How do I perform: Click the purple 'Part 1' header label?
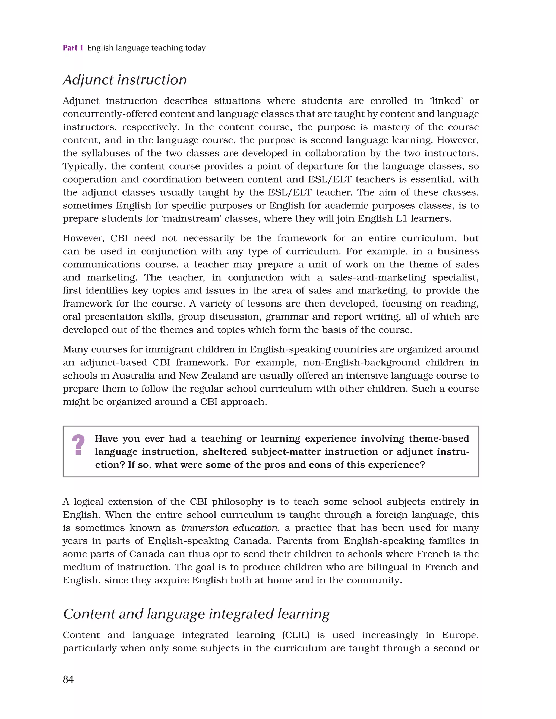[x=73, y=48]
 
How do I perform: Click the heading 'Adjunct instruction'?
[x=125, y=80]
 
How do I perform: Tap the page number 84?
[x=68, y=679]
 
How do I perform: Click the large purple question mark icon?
[x=78, y=445]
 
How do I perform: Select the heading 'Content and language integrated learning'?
[x=196, y=614]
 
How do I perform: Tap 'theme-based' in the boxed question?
[x=439, y=439]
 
